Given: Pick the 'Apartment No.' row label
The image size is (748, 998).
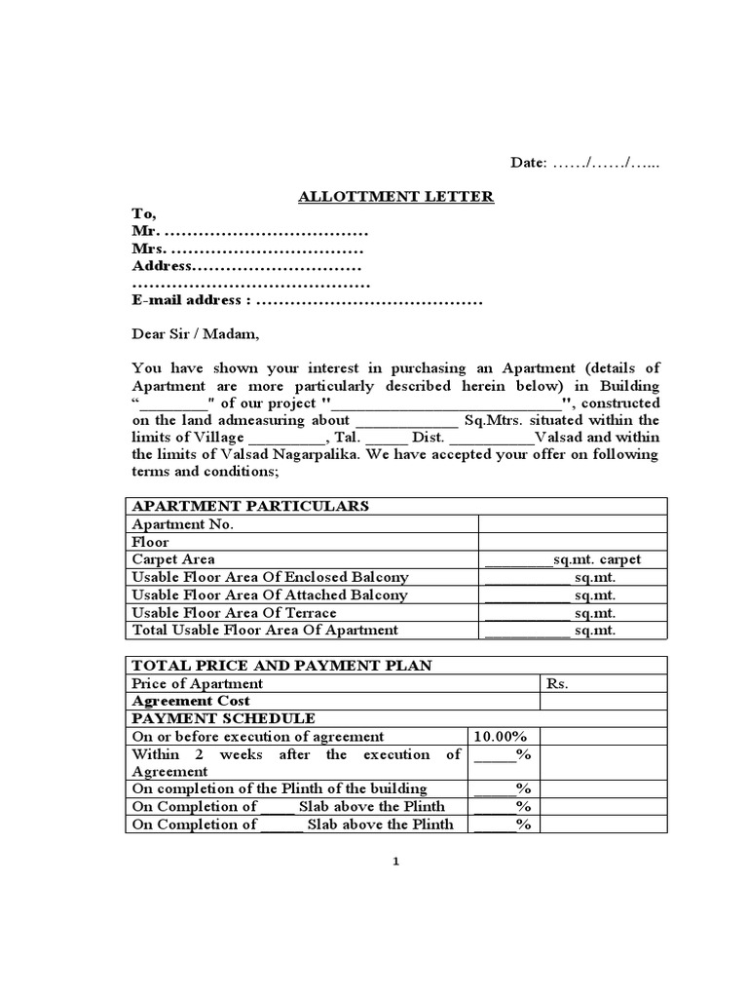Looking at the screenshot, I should [x=182, y=523].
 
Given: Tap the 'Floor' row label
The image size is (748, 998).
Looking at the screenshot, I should [x=150, y=542].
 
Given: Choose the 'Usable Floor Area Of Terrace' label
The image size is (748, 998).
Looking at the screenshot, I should [x=234, y=612].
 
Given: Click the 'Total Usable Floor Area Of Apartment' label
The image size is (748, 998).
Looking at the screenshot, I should [x=264, y=630].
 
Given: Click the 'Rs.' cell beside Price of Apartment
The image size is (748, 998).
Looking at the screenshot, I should [x=557, y=683].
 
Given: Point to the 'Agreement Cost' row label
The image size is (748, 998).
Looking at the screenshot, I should [x=190, y=701].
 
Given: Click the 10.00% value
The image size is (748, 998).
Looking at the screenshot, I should [x=500, y=737].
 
